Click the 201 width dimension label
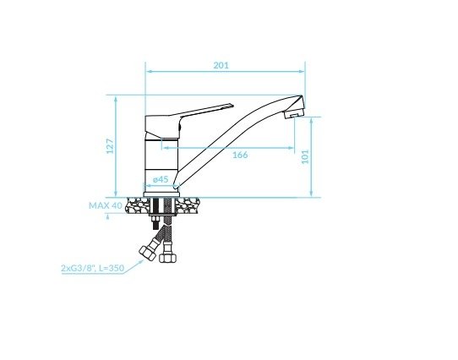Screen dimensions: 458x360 [221, 65]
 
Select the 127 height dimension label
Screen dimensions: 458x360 [110, 146]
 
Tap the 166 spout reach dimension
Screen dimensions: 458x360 [240, 155]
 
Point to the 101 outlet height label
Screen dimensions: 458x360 [305, 156]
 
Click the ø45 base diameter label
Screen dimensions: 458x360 [161, 179]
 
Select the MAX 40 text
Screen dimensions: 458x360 [106, 205]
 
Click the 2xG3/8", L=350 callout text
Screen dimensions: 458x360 [93, 268]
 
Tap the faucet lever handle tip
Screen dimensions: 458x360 [232, 105]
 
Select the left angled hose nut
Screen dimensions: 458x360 [148, 253]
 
